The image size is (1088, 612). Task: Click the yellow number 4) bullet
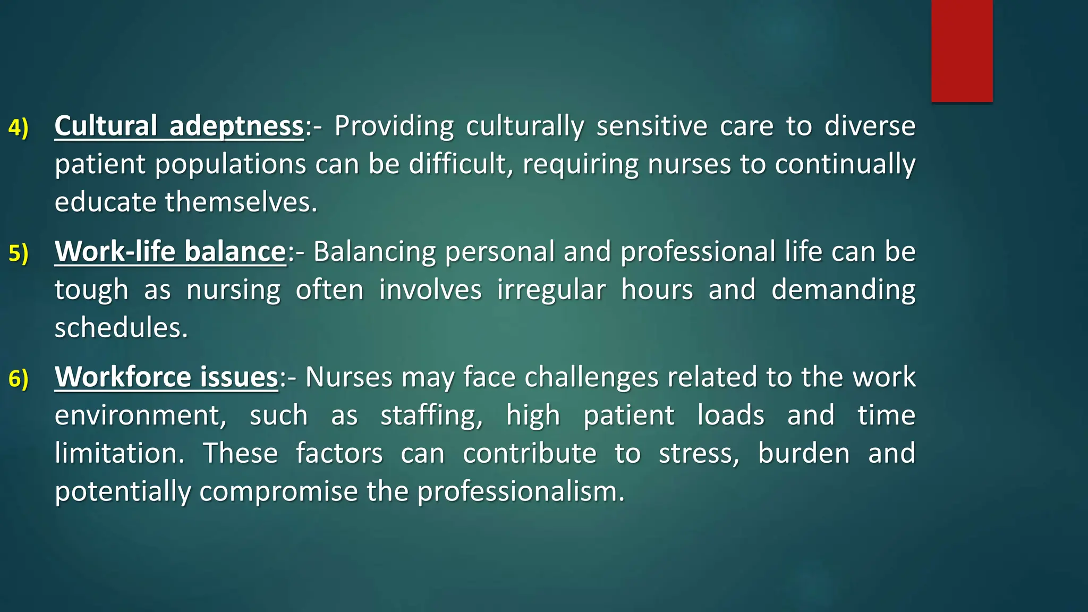click(19, 128)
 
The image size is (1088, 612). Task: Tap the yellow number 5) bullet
click(19, 253)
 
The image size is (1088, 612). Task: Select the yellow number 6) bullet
click(19, 379)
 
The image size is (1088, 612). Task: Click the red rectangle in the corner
click(962, 51)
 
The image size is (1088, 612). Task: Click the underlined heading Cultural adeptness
click(179, 126)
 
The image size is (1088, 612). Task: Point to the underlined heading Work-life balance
click(171, 251)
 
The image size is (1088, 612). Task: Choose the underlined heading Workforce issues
click(166, 377)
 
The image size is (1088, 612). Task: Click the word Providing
click(394, 126)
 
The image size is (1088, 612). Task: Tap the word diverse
click(870, 126)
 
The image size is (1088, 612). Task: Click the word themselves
click(241, 202)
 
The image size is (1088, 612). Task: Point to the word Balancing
click(375, 251)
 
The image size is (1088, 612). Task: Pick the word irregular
click(551, 290)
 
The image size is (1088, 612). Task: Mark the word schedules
click(121, 328)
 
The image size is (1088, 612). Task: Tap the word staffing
click(431, 415)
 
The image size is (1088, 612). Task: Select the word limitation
click(120, 453)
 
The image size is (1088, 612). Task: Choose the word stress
click(699, 453)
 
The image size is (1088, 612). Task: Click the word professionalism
click(521, 491)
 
